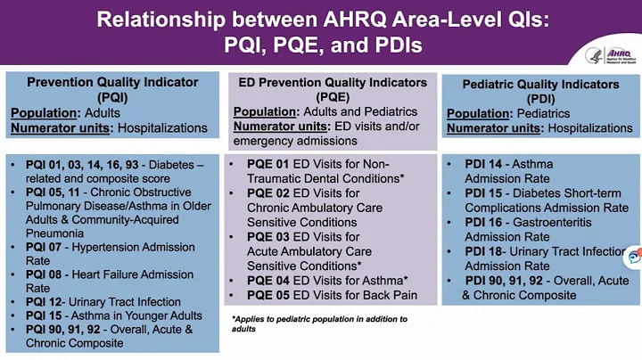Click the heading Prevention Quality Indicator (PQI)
[x=112, y=89]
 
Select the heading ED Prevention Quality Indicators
[x=333, y=82]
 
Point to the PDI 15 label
[x=486, y=193]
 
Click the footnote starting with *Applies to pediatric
[x=319, y=323]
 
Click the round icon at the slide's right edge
[x=635, y=257]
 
